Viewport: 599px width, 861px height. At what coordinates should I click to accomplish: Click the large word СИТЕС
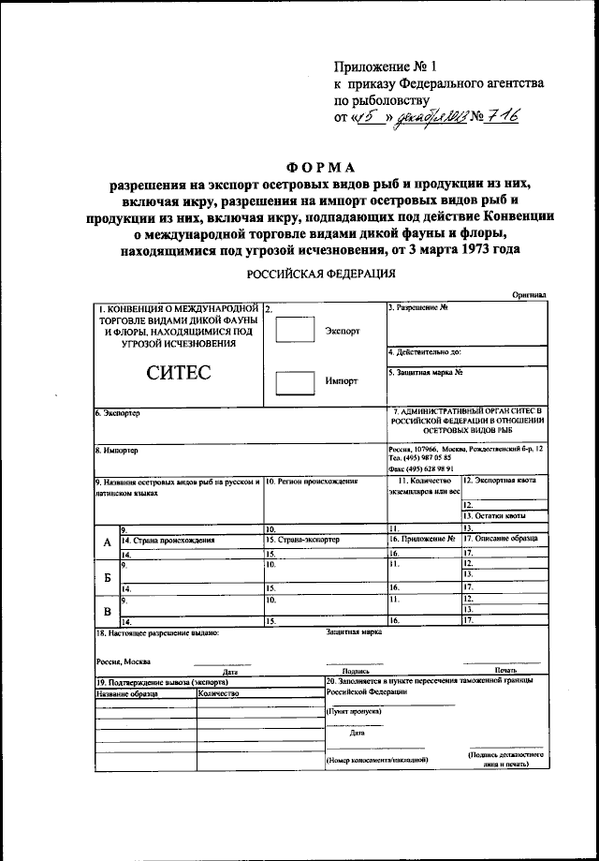point(178,373)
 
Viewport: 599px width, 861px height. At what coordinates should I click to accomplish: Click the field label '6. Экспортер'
point(117,413)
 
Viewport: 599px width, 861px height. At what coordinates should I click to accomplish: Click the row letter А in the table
point(106,543)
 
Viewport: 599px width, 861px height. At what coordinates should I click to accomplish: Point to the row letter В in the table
point(106,611)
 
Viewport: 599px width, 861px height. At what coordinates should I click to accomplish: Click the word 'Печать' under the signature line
point(506,670)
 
